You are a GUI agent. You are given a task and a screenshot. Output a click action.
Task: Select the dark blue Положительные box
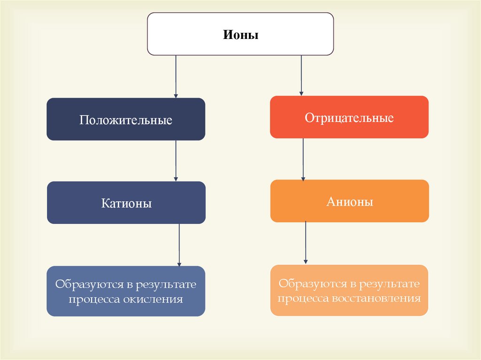tap(126, 120)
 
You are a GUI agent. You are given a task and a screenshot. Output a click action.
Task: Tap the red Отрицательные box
tap(349, 117)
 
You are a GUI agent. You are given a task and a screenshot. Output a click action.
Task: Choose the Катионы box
tap(126, 203)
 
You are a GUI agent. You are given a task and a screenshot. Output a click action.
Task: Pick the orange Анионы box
tap(349, 201)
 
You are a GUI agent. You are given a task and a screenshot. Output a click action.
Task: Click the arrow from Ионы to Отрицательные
tap(301, 75)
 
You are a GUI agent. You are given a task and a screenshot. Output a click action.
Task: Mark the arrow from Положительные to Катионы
tap(176, 161)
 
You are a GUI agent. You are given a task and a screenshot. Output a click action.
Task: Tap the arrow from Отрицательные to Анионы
tap(303, 159)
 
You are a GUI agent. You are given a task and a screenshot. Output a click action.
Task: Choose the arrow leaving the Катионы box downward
tap(179, 244)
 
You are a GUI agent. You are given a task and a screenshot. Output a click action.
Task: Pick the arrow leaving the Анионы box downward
tap(306, 242)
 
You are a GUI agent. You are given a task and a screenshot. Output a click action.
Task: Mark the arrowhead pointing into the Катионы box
tap(176, 179)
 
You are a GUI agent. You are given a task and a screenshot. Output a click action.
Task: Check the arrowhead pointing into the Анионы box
tap(303, 177)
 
